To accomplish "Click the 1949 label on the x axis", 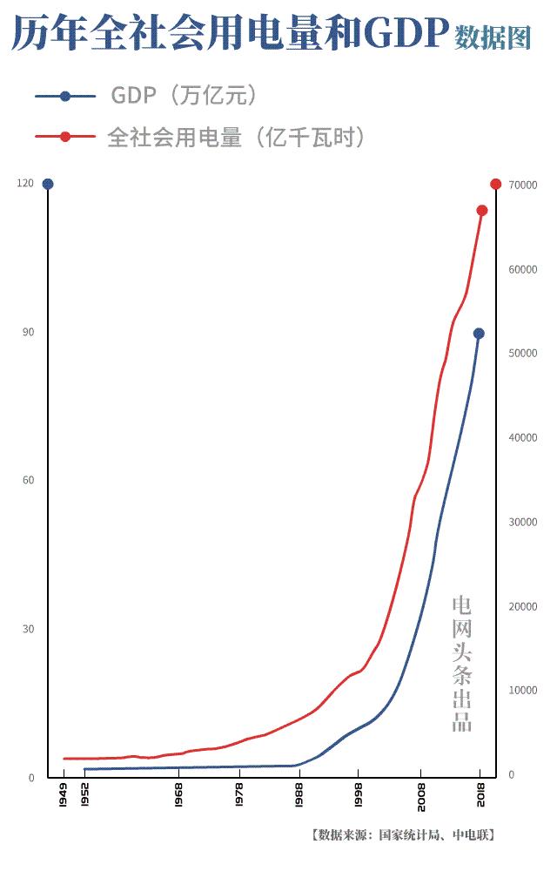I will pyautogui.click(x=64, y=794).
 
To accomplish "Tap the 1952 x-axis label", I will pyautogui.click(x=84, y=794).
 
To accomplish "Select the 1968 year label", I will pyautogui.click(x=178, y=794).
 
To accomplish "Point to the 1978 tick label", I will pyautogui.click(x=238, y=794).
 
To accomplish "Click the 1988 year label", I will pyautogui.click(x=299, y=794).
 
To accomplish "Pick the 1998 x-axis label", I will pyautogui.click(x=358, y=794).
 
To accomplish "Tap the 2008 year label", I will pyautogui.click(x=419, y=794).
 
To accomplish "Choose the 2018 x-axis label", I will pyautogui.click(x=480, y=794).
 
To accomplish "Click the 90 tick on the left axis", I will pyautogui.click(x=29, y=333).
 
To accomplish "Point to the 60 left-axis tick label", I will pyautogui.click(x=29, y=481).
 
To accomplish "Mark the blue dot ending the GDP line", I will pyautogui.click(x=479, y=334).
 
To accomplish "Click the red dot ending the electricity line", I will pyautogui.click(x=482, y=210).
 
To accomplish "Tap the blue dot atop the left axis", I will pyautogui.click(x=48, y=184).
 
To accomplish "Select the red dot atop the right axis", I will pyautogui.click(x=496, y=184).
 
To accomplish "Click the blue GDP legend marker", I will pyautogui.click(x=65, y=96).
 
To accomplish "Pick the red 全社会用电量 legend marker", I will pyautogui.click(x=65, y=137).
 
